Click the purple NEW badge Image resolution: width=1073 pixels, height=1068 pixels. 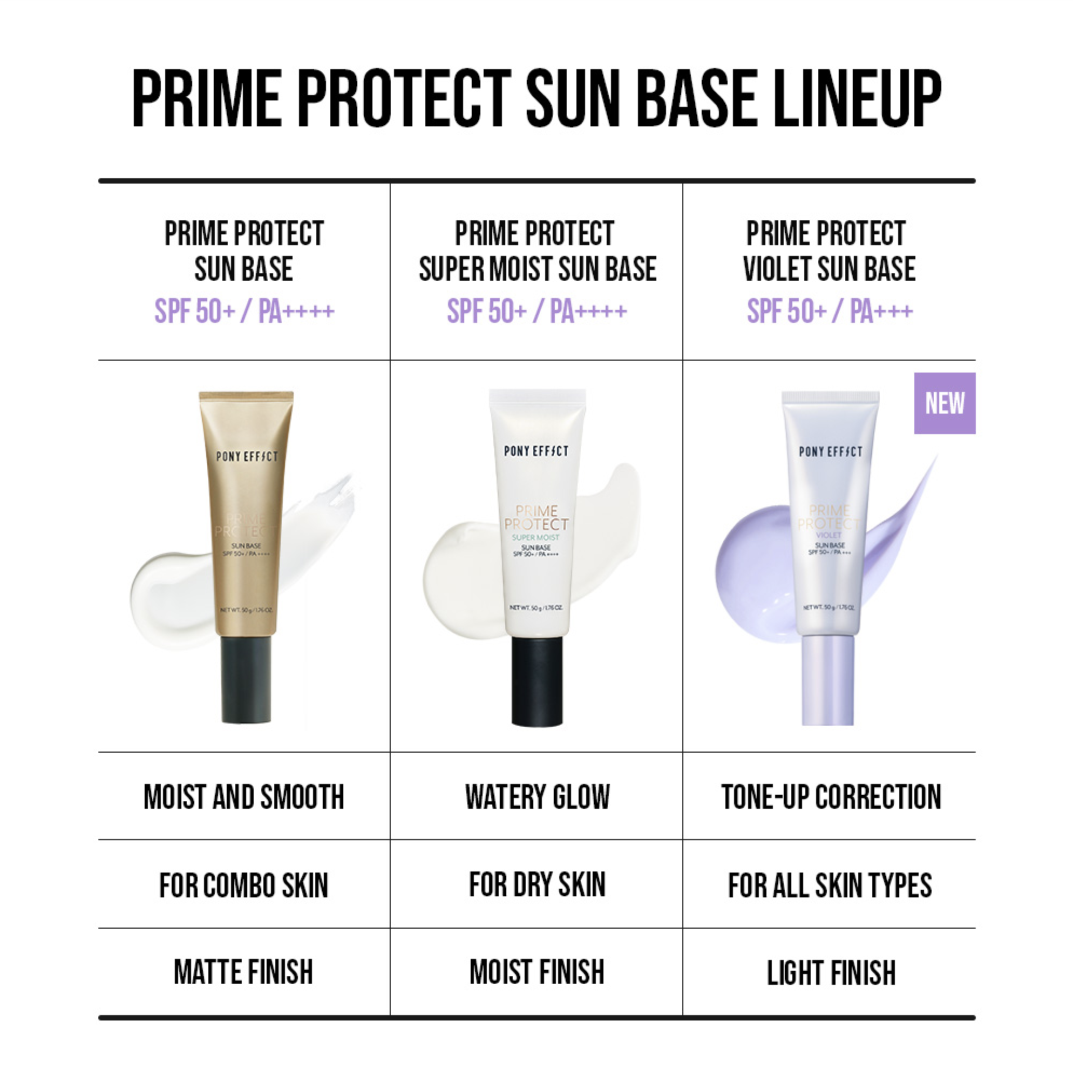(x=944, y=403)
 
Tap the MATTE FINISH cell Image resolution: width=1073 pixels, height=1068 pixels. (x=243, y=972)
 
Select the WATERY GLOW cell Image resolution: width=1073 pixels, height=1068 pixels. (x=536, y=796)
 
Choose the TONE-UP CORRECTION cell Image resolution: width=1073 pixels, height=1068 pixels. (x=830, y=796)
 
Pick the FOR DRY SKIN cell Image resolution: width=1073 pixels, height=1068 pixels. (x=536, y=884)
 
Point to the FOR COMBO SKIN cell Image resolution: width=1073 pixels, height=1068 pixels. (x=243, y=884)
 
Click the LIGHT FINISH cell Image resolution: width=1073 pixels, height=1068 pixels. (x=830, y=972)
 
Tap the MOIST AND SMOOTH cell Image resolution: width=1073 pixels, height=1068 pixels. (x=243, y=796)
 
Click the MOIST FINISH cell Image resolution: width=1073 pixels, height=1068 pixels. (x=536, y=972)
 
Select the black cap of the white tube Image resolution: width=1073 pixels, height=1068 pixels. (x=536, y=681)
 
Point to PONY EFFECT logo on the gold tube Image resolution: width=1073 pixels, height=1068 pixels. (x=247, y=456)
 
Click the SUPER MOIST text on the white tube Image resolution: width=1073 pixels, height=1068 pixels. (x=535, y=537)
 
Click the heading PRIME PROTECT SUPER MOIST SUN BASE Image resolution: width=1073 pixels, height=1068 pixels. (x=536, y=251)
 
